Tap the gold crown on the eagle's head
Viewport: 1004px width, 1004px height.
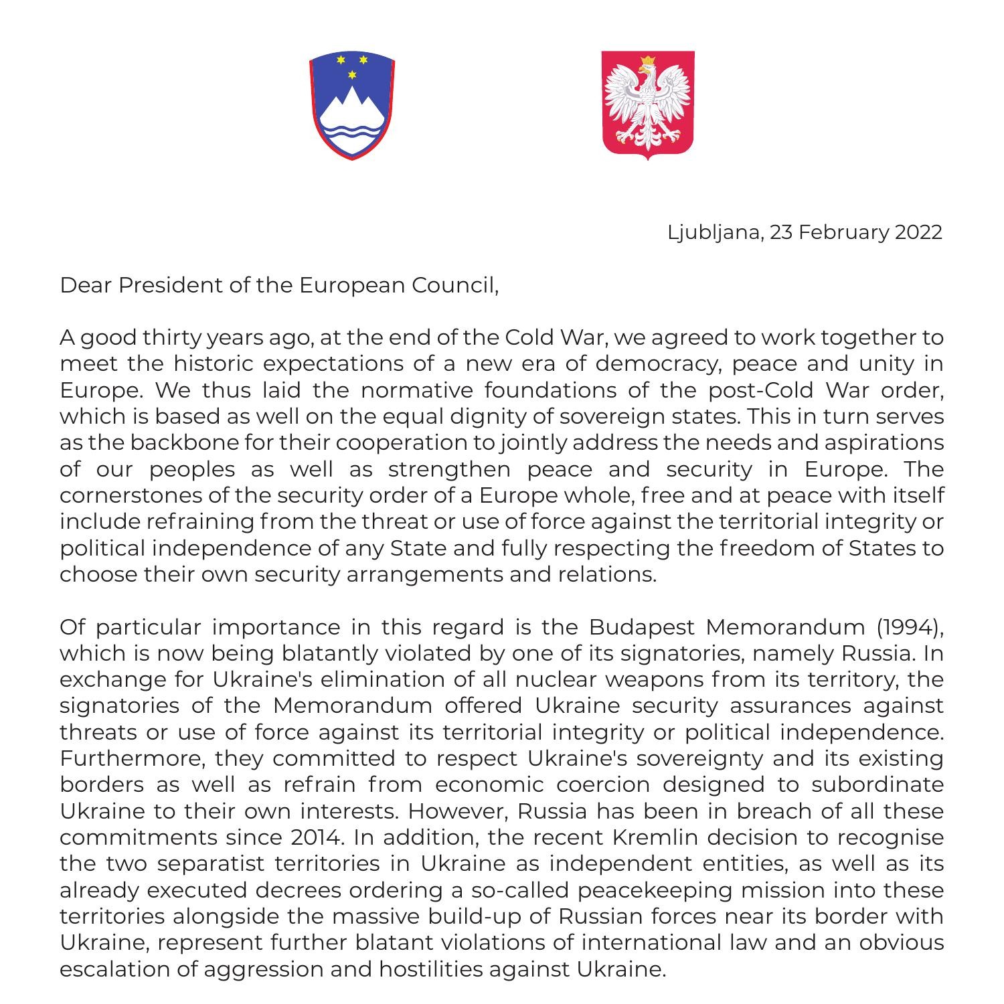(647, 62)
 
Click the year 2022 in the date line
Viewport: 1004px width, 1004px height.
(918, 232)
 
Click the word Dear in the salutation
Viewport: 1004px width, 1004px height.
(86, 285)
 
